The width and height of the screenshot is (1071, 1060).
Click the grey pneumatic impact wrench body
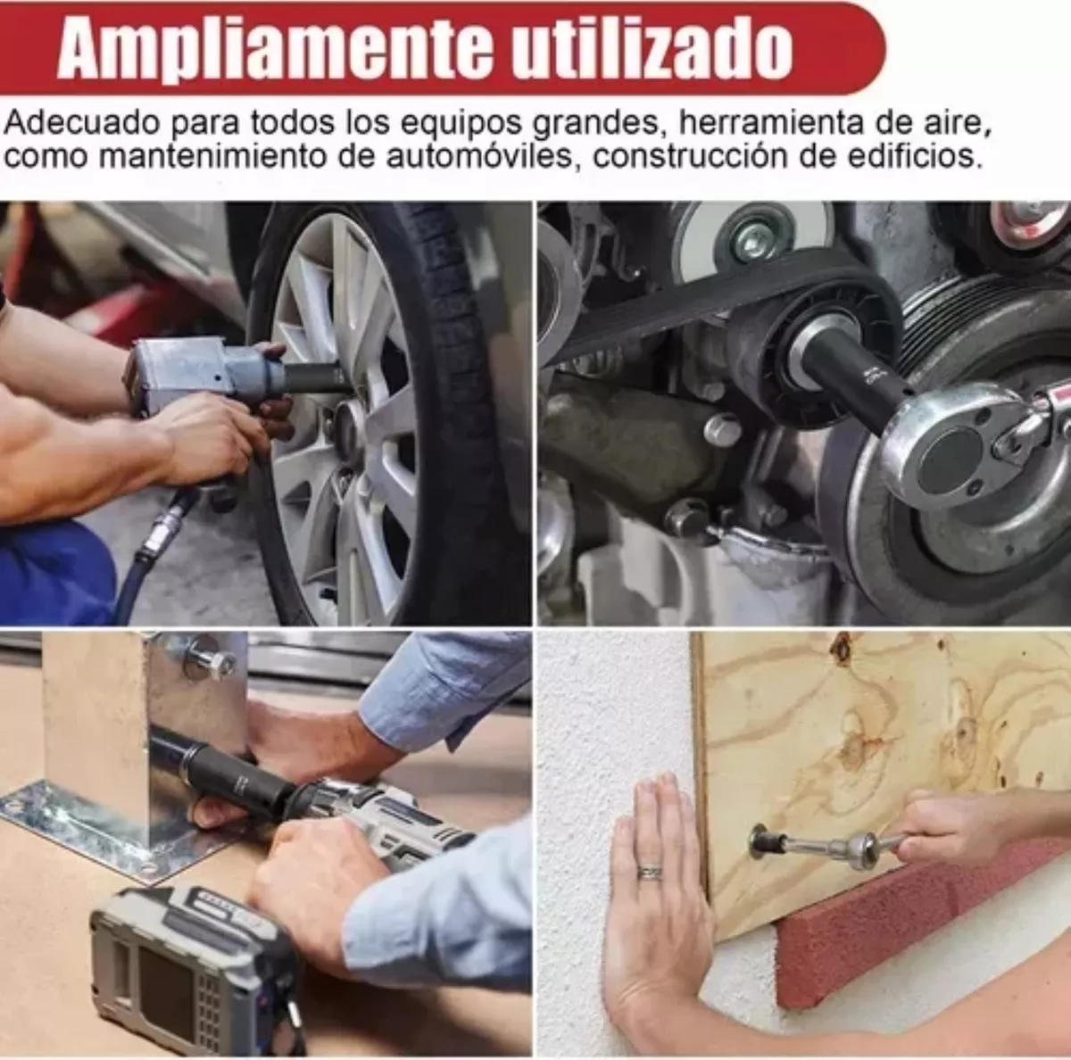pos(192,370)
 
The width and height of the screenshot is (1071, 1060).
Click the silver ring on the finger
pos(649,872)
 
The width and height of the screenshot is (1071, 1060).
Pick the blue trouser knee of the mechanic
pos(54,571)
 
